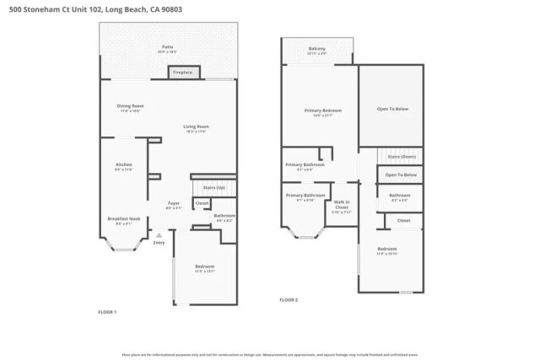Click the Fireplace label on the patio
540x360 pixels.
[182, 73]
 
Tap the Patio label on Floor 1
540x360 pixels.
[168, 47]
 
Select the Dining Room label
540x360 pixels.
[130, 106]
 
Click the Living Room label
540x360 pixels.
[196, 127]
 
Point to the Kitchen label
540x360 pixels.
[124, 164]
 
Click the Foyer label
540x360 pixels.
[173, 203]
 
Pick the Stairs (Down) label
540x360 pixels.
[401, 157]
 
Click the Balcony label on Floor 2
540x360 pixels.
[317, 49]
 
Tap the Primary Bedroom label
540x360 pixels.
[322, 111]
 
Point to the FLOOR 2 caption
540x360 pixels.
[289, 299]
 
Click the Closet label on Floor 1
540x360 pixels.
[202, 203]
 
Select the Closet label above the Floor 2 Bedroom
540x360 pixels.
[403, 220]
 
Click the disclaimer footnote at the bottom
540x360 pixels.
[270, 355]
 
